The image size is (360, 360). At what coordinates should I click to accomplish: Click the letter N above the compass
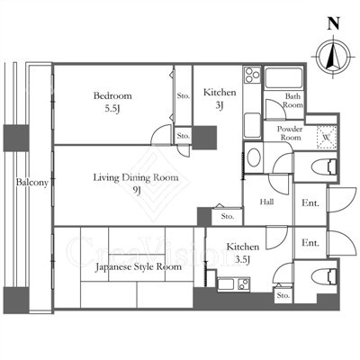[333, 23]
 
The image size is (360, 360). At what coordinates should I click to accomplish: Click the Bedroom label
[112, 96]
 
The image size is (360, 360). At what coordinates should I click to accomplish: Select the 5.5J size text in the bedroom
[112, 109]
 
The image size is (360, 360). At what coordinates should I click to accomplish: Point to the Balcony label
[32, 183]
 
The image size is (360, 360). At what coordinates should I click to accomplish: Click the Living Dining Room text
[136, 177]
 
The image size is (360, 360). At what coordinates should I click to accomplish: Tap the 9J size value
[137, 191]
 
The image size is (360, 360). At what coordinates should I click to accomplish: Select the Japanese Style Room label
[139, 266]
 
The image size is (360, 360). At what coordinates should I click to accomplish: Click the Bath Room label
[292, 101]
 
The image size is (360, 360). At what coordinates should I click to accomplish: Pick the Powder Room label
[290, 133]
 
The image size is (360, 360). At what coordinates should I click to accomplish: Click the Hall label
[266, 202]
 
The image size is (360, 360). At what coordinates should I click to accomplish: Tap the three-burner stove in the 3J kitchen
[252, 75]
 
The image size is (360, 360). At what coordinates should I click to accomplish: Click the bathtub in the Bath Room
[283, 78]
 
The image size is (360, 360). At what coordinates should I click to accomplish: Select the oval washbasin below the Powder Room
[254, 157]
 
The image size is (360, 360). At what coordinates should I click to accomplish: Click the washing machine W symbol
[327, 138]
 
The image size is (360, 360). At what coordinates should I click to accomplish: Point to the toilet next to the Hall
[324, 166]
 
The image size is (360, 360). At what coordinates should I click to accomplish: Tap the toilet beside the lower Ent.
[324, 276]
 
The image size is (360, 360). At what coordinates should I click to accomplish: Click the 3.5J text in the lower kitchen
[242, 260]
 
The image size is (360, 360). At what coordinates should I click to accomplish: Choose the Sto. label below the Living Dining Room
[228, 216]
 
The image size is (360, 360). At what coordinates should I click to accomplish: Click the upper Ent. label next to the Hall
[310, 203]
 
